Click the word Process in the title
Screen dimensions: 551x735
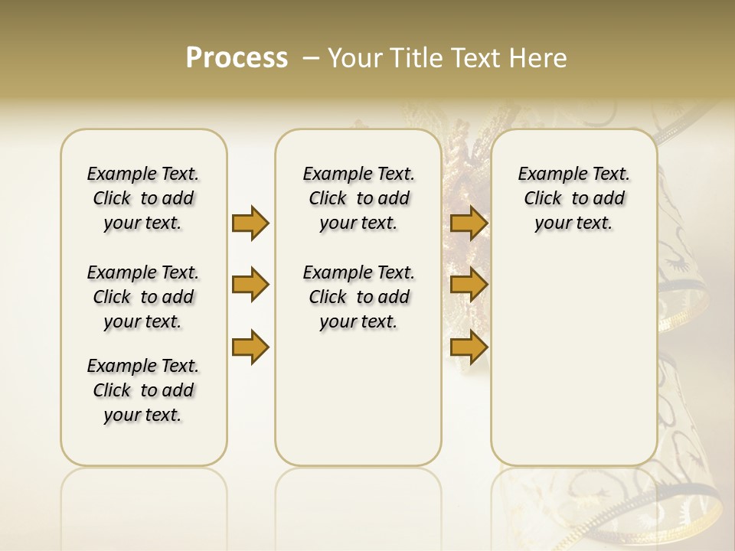click(x=237, y=58)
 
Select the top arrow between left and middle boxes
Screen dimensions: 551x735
click(x=250, y=223)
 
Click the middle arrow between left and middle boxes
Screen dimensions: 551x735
click(x=250, y=285)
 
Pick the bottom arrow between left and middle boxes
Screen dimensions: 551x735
click(x=250, y=347)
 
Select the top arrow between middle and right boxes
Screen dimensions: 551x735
click(x=469, y=223)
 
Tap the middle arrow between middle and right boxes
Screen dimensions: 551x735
click(x=469, y=285)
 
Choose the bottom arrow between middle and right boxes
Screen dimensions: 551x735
click(x=469, y=347)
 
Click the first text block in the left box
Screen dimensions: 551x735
click(x=143, y=198)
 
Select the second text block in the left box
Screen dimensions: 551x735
click(x=143, y=297)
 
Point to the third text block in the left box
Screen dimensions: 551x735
click(x=143, y=390)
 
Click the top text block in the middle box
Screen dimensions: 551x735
click(x=358, y=198)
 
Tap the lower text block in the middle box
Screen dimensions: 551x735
click(x=358, y=297)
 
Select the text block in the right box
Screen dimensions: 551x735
click(x=573, y=198)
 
